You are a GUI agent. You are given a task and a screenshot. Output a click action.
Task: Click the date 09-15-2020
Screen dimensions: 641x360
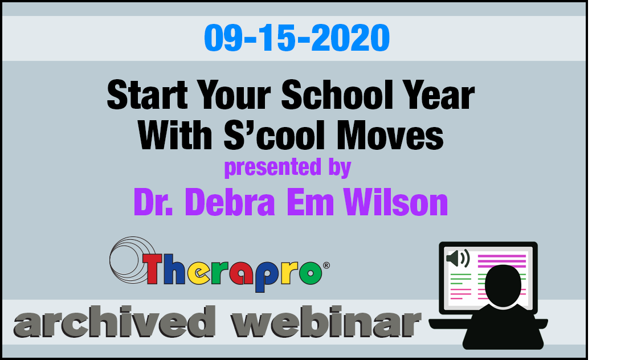pos(297,38)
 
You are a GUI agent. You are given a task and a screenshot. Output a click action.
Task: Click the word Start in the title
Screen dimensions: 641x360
pos(147,95)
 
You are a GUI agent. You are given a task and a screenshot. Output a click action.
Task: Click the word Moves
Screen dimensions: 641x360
pos(390,135)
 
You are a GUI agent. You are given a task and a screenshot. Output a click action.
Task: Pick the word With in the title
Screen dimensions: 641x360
pos(175,135)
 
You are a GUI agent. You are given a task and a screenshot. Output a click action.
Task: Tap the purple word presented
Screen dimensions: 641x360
pos(273,167)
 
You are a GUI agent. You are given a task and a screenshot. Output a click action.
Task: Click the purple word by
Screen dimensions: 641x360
pos(340,167)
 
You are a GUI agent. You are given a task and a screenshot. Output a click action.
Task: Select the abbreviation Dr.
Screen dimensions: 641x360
pos(154,202)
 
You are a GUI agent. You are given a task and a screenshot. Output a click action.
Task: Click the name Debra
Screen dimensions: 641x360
pos(230,202)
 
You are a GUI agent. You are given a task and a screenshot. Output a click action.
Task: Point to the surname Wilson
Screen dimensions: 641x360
pos(396,202)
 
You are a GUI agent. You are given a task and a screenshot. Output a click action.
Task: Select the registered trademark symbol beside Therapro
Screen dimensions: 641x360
pos(326,265)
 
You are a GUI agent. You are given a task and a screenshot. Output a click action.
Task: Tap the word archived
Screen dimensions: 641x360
pos(115,322)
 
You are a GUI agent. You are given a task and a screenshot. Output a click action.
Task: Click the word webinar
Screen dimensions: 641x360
pos(326,322)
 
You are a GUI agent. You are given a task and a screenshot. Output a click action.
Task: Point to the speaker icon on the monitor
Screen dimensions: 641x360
pos(458,259)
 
